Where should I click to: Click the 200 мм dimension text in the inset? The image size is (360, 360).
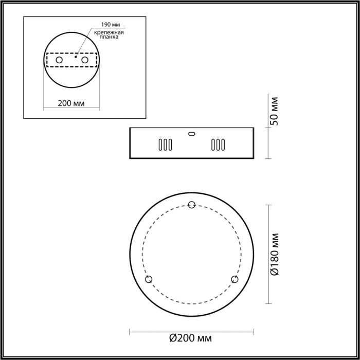(x=71, y=103)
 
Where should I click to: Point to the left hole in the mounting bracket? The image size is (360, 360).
(x=59, y=61)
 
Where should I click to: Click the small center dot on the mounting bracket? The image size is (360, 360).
(x=75, y=58)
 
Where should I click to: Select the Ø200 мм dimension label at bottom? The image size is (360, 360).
(x=191, y=338)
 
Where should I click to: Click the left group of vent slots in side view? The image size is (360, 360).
(x=165, y=145)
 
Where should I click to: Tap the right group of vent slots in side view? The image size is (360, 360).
(x=218, y=145)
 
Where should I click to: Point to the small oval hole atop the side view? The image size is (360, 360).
(x=191, y=133)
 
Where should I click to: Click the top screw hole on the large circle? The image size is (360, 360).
(x=192, y=205)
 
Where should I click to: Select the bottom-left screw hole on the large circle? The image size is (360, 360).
(x=149, y=279)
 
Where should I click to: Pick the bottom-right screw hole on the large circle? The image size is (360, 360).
(x=235, y=279)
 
